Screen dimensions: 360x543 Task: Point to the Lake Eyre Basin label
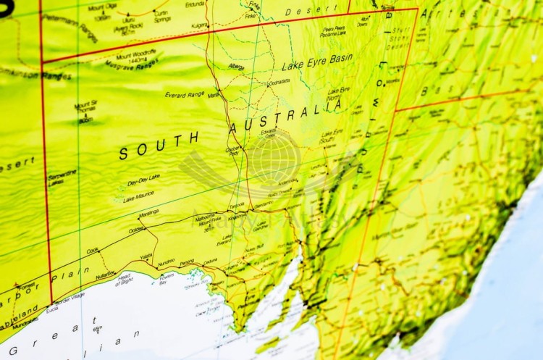pos(317,63)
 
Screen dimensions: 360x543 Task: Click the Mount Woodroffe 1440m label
pos(136,55)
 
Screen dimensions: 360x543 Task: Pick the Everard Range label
pos(185,94)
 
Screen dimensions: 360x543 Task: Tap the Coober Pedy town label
pos(234,151)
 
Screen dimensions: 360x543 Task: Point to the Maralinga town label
pos(148,213)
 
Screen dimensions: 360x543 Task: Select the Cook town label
pos(93,251)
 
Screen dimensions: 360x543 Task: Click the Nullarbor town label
pos(104,275)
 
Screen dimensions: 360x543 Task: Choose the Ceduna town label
pos(210,261)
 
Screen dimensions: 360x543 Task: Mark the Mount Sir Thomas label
pos(85,106)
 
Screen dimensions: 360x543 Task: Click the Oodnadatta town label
pos(279,83)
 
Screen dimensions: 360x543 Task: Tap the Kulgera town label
pos(199,26)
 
